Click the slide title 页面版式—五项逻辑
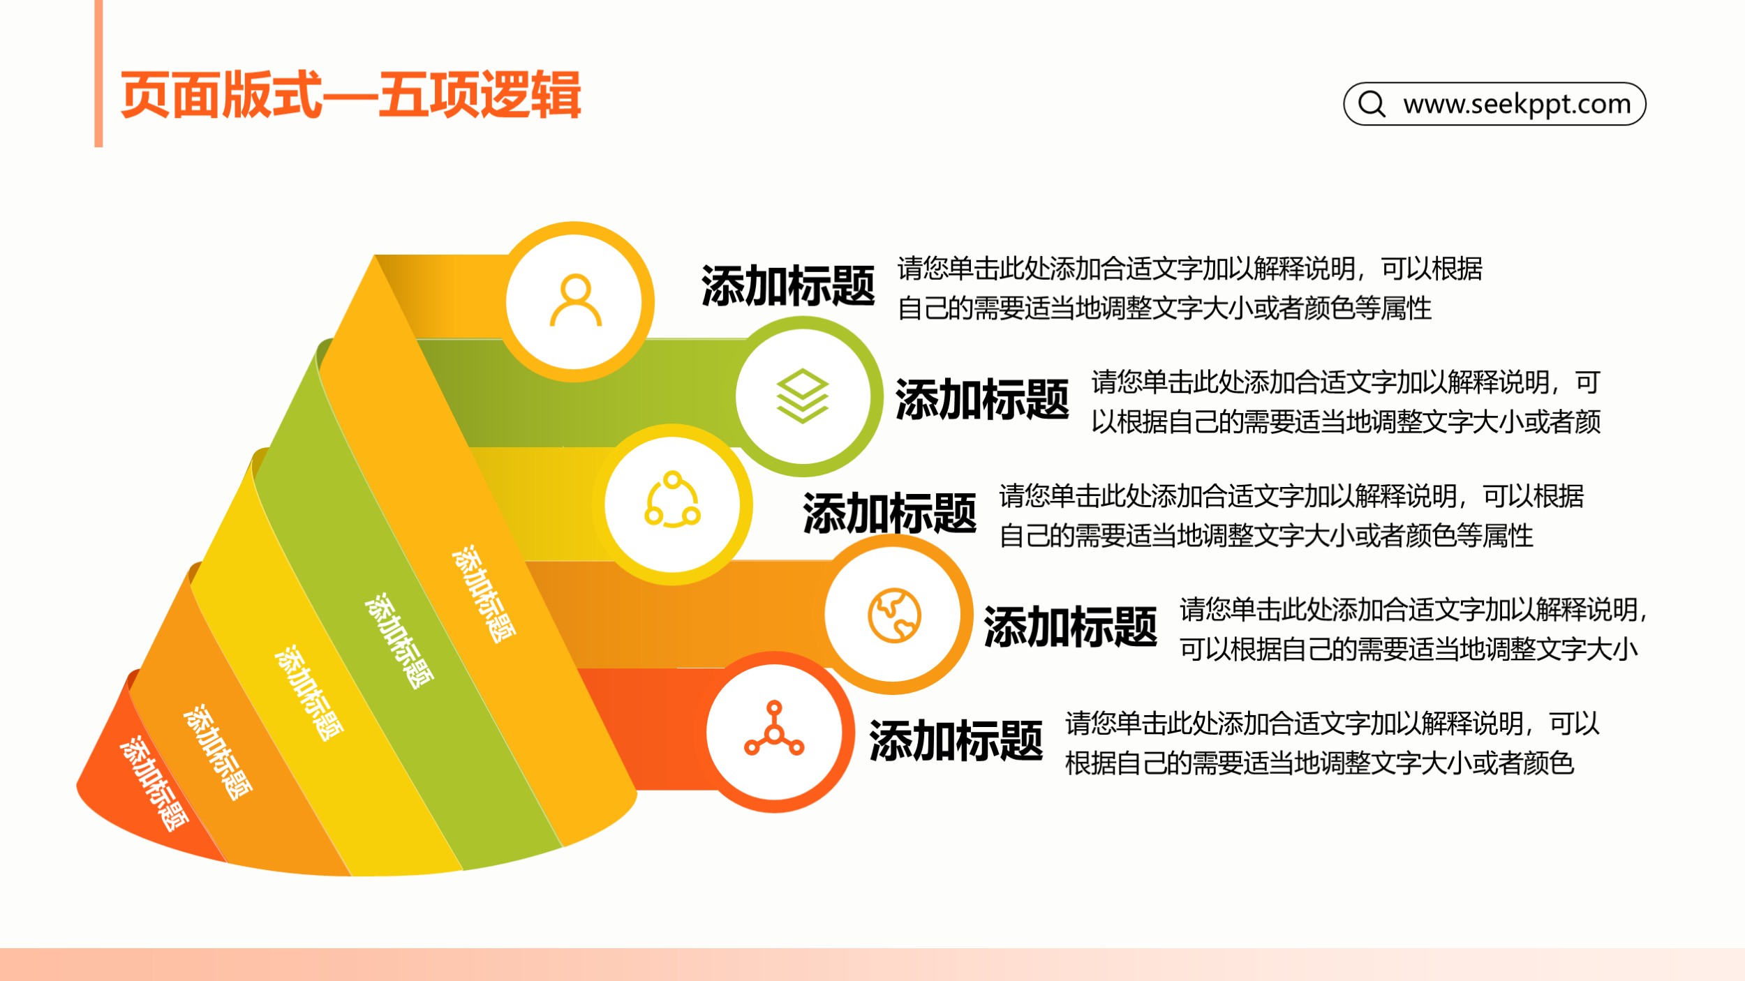click(x=350, y=95)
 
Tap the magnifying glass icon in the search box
click(x=1372, y=104)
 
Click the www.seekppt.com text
click(x=1517, y=104)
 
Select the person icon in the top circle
click(x=575, y=301)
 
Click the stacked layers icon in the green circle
click(x=802, y=396)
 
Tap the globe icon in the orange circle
click(x=894, y=615)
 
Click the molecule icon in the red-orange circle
click(x=774, y=728)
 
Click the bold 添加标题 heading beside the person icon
click(x=788, y=286)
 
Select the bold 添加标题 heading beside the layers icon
click(x=982, y=400)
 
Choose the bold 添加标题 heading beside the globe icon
click(x=1071, y=627)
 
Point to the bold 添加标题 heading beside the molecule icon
click(x=956, y=740)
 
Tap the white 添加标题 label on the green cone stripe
click(x=399, y=641)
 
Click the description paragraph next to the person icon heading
click(x=1190, y=288)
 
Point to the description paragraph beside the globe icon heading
click(x=1413, y=629)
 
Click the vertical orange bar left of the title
click(x=98, y=73)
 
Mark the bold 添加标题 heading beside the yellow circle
click(x=890, y=513)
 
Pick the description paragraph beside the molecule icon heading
click(x=1332, y=743)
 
